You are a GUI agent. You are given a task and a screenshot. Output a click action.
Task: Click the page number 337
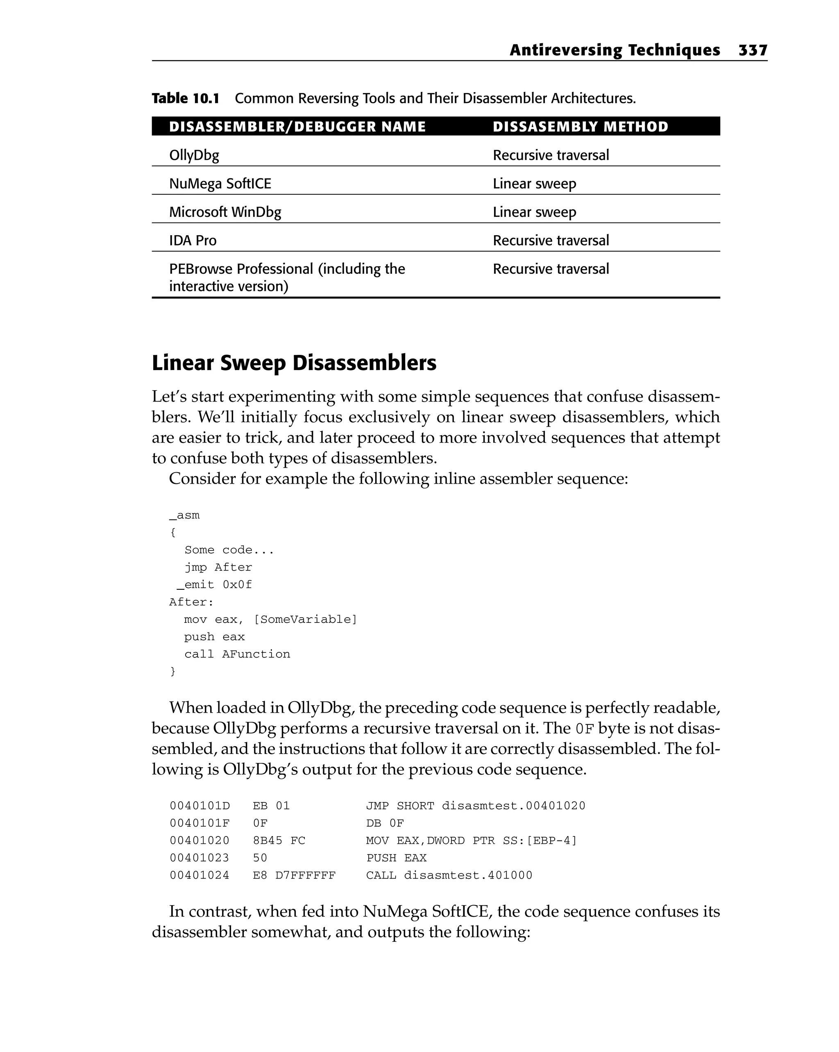click(x=752, y=50)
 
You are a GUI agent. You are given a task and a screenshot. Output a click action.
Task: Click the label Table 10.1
click(x=185, y=99)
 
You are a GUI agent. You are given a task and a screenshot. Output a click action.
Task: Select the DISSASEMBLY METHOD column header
click(x=580, y=127)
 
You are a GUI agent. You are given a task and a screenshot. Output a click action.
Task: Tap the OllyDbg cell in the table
click(x=194, y=156)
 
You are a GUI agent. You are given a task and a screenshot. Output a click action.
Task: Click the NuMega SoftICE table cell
click(x=220, y=184)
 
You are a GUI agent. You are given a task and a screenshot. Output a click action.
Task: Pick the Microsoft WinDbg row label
click(x=225, y=212)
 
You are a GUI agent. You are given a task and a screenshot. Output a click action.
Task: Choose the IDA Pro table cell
click(x=193, y=241)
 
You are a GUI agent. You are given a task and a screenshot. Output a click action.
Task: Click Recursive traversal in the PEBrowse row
click(x=551, y=269)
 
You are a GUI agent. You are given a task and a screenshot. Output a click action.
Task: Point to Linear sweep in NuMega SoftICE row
click(x=534, y=184)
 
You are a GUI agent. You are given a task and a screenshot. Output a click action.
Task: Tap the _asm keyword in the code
click(x=184, y=515)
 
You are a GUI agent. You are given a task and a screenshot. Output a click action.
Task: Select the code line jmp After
click(x=218, y=568)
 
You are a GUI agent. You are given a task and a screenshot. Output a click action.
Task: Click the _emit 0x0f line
click(x=214, y=584)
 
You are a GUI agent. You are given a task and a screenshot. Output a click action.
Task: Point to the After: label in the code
click(x=191, y=602)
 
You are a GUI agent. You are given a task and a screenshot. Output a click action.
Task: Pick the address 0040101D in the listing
click(x=200, y=806)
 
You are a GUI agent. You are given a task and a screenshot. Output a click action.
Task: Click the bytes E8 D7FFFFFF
click(x=294, y=875)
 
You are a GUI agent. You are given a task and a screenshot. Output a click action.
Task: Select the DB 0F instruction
click(x=385, y=823)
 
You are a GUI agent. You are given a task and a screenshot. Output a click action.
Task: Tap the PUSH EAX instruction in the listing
click(x=396, y=858)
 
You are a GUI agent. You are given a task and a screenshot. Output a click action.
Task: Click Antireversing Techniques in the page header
click(x=615, y=50)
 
